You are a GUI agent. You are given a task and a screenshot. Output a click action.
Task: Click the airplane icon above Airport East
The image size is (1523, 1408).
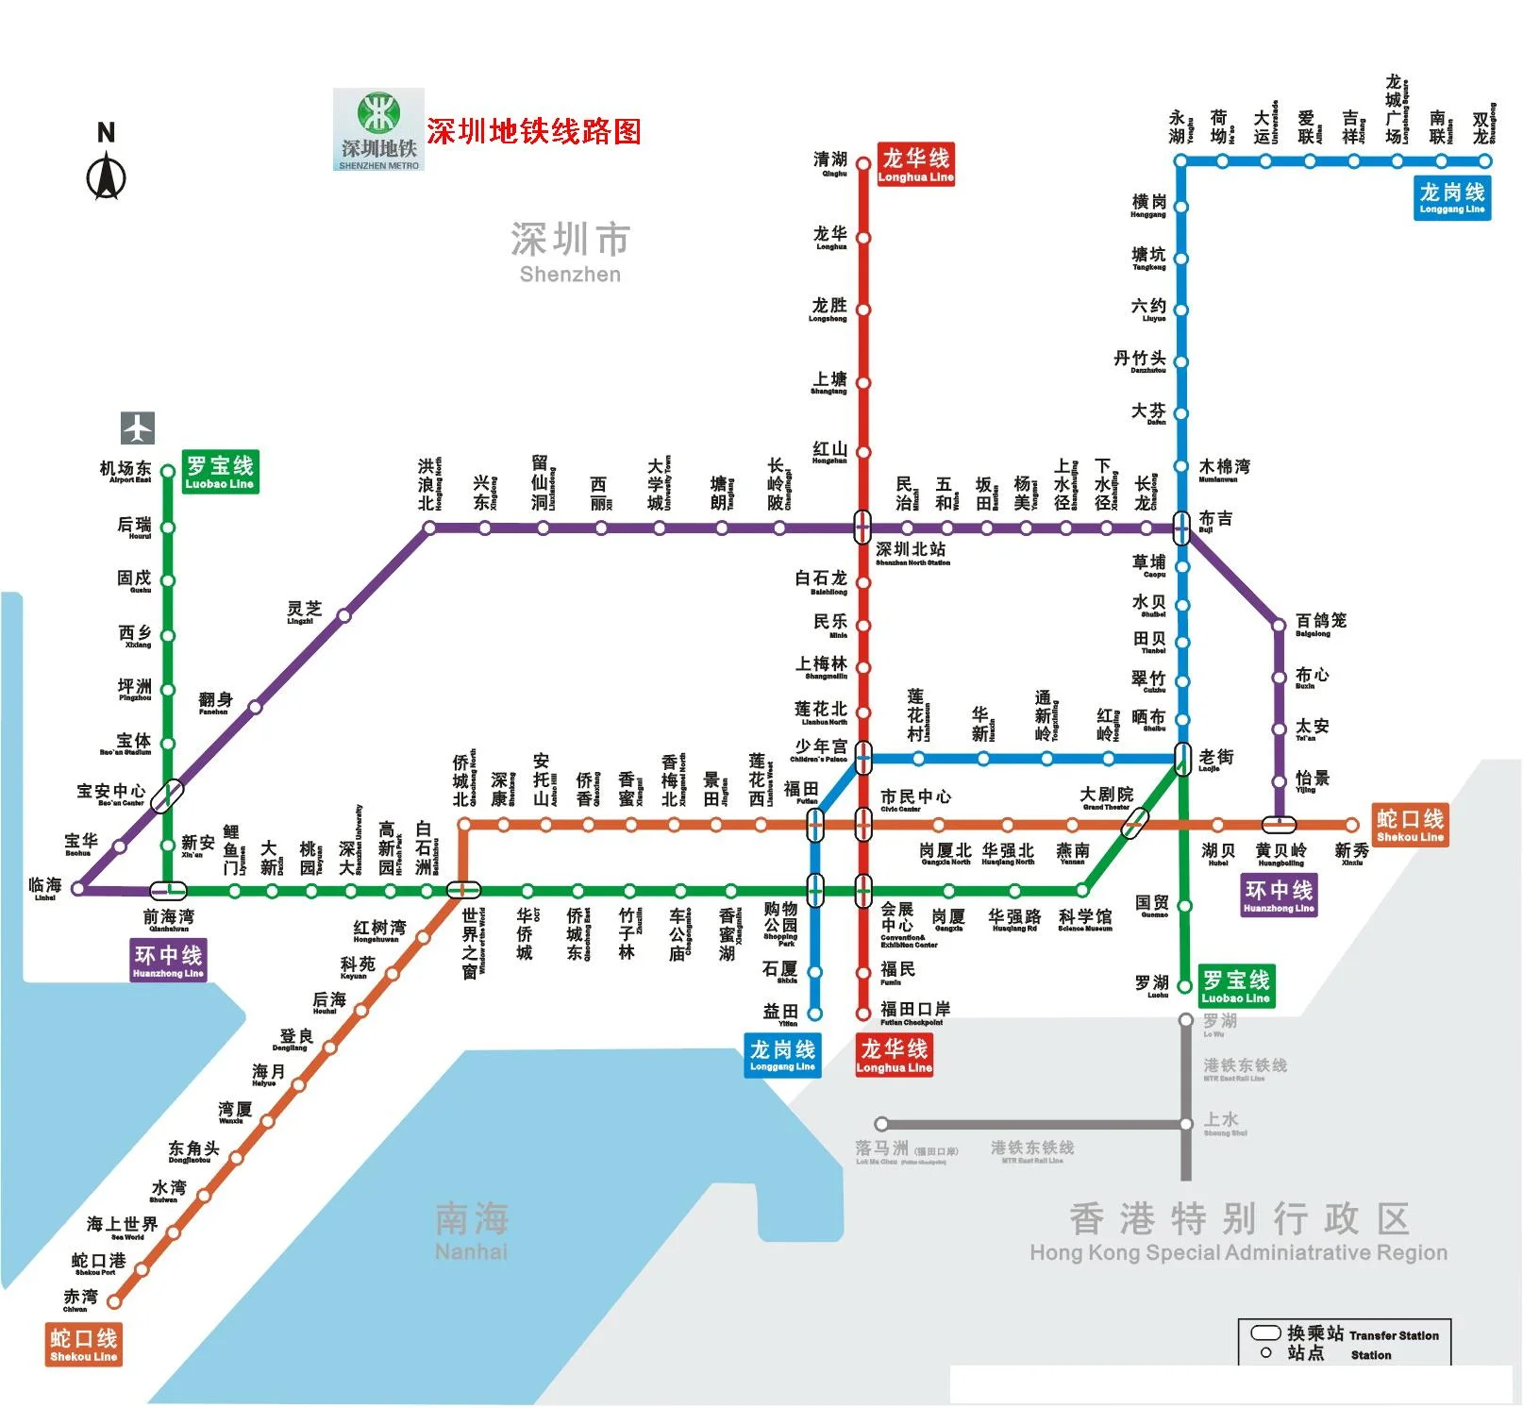[x=138, y=427]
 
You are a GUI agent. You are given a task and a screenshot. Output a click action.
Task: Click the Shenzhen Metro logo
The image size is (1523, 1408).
[x=378, y=130]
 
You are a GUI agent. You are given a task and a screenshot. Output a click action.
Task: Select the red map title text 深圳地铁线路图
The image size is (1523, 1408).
[x=533, y=131]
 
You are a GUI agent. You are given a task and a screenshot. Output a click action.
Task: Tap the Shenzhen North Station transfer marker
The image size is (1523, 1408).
[x=862, y=527]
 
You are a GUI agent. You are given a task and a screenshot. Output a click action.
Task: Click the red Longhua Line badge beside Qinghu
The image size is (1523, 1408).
[x=915, y=164]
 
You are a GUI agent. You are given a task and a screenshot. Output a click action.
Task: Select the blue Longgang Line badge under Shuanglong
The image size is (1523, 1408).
[x=1452, y=198]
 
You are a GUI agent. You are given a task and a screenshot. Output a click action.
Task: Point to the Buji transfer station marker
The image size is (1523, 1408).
[x=1181, y=528]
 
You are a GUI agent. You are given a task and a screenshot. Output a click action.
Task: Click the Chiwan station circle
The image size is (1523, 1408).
[x=114, y=1301]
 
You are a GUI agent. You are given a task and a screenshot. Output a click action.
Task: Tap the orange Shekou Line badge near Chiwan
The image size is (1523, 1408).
[x=84, y=1345]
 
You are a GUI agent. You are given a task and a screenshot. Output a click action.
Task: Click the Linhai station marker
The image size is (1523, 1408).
[x=78, y=888]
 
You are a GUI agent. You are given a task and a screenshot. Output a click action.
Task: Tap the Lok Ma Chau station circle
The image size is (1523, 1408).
[x=880, y=1124]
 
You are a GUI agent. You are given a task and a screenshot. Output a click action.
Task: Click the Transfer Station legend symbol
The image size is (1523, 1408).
[x=1265, y=1333]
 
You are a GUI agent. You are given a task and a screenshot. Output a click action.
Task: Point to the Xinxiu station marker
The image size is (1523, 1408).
[x=1352, y=825]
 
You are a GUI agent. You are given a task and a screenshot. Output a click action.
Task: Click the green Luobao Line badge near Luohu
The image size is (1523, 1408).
[x=1235, y=986]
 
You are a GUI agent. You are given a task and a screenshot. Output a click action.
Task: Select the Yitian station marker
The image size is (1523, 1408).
[x=814, y=1014]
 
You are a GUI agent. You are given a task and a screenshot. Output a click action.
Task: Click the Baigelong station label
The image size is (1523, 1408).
[x=1319, y=624]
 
